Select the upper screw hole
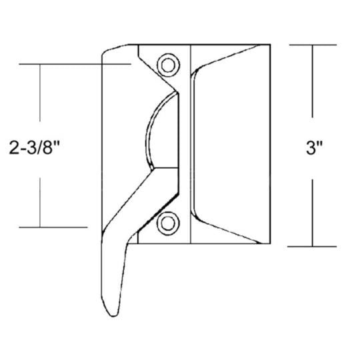pyautogui.click(x=167, y=64)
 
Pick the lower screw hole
pyautogui.click(x=167, y=224)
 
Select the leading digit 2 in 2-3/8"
pyautogui.click(x=15, y=147)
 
